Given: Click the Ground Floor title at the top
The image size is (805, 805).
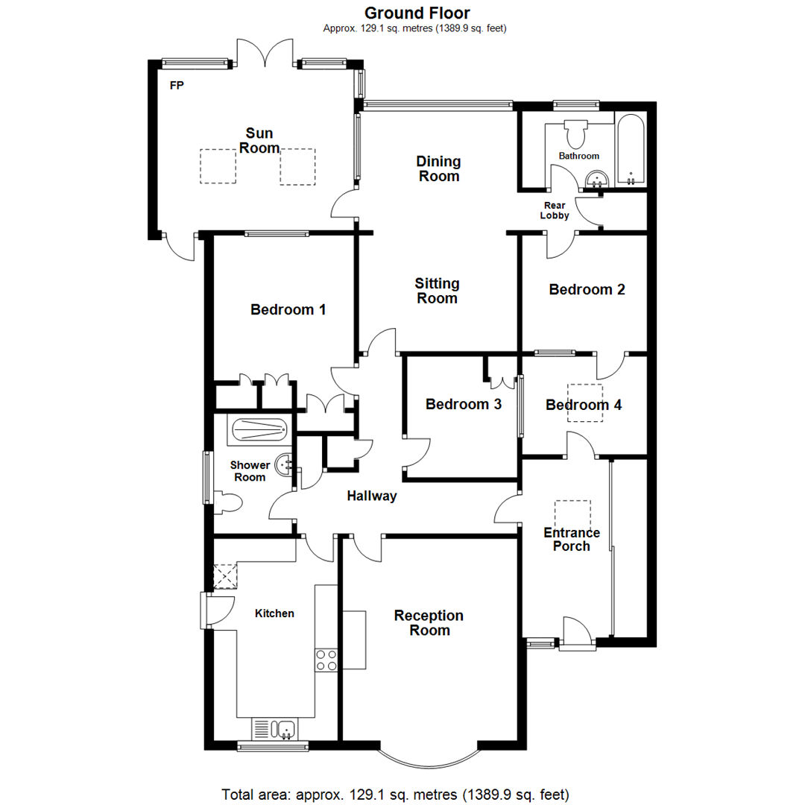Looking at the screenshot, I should click(417, 13).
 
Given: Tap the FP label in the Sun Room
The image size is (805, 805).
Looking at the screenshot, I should click(177, 86).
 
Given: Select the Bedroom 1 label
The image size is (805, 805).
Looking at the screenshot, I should click(288, 309).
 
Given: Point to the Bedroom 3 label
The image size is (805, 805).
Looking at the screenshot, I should click(463, 404).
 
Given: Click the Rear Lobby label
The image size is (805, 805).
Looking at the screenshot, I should click(556, 209).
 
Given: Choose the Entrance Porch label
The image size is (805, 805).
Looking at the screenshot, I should click(572, 539).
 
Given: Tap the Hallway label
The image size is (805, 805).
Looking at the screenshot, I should click(372, 496).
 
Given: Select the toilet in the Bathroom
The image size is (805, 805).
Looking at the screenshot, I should click(576, 133).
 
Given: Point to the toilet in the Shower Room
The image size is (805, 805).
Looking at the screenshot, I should click(228, 503).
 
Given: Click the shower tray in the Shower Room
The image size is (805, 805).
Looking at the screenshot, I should click(259, 429).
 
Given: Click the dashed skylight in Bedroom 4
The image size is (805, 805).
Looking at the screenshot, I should click(584, 402).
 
